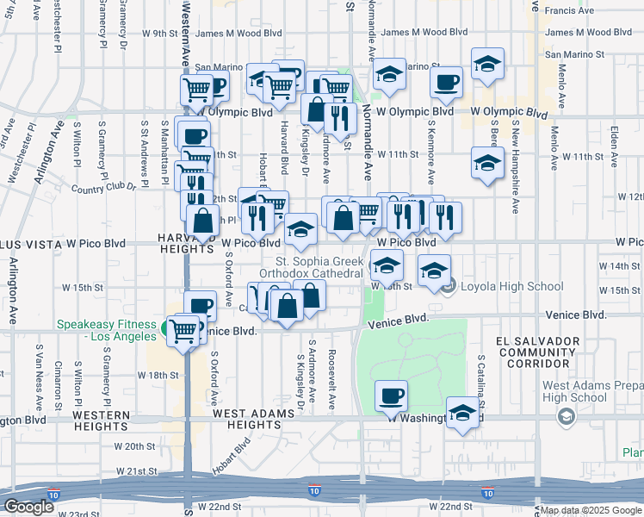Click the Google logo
[28, 507]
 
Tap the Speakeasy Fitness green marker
[164, 327]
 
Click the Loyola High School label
[503, 287]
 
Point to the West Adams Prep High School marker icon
[566, 418]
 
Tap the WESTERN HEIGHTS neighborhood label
[102, 420]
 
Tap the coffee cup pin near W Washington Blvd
[391, 396]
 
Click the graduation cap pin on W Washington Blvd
[462, 412]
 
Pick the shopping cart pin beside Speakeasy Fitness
[183, 329]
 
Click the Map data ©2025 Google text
[590, 511]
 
